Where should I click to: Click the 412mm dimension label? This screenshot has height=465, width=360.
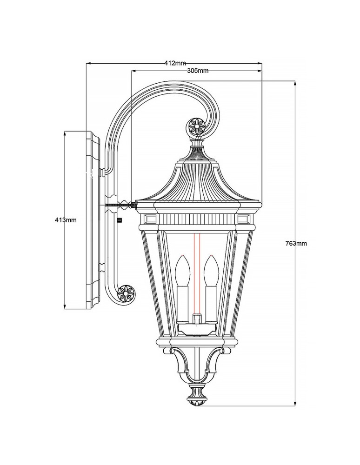[x=175, y=63]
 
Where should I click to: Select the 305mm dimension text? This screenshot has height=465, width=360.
[x=197, y=71]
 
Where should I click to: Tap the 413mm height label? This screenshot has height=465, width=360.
[x=65, y=219]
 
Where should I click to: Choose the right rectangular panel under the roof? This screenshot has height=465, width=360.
[x=244, y=218]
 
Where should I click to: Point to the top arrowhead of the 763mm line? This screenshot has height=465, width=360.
[x=295, y=83]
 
